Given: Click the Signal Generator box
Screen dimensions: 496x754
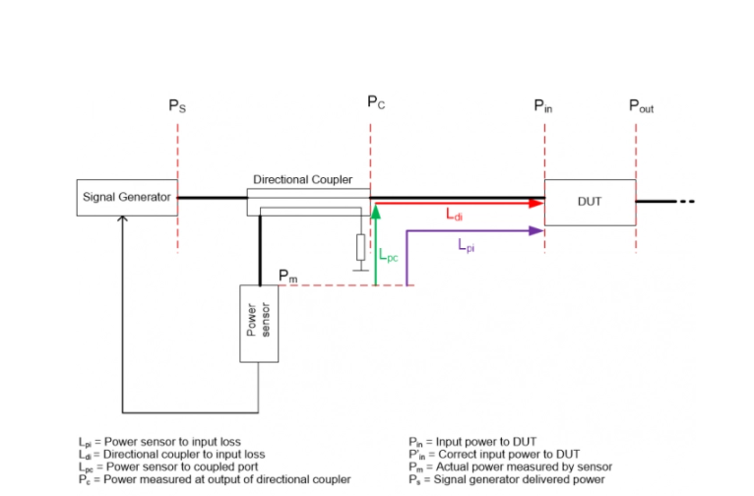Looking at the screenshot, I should click(126, 197).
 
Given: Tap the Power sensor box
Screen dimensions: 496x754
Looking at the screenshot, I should click(259, 324).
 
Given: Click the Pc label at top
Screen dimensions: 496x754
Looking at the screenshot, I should click(376, 102).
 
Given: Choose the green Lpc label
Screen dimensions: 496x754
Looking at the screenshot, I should click(389, 253).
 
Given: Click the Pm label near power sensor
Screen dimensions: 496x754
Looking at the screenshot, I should click(287, 276).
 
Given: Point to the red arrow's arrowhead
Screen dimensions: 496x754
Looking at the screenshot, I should click(536, 203).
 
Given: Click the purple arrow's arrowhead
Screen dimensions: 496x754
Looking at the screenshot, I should click(536, 230).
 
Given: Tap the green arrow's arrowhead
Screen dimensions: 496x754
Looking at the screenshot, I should click(376, 211).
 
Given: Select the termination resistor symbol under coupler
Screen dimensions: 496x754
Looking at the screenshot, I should click(360, 246).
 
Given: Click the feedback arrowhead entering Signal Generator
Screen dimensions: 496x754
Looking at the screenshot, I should click(122, 220).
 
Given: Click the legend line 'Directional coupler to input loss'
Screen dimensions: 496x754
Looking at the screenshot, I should click(172, 456).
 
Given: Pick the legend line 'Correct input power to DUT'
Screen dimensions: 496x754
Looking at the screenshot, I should click(502, 456).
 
